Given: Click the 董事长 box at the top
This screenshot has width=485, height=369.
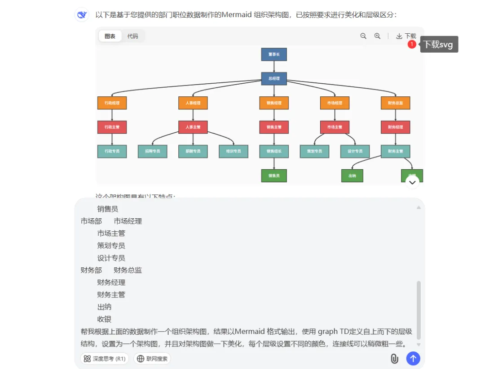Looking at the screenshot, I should coord(274,54).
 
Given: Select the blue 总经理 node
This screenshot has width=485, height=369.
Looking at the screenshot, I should coord(274,78).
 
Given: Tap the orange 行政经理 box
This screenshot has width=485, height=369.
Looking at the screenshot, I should coord(112,103).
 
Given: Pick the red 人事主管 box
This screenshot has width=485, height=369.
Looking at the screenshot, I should coord(193,127).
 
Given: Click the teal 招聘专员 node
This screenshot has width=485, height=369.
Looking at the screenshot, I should coord(153,151).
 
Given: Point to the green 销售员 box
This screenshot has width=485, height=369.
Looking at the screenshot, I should coord(274,175).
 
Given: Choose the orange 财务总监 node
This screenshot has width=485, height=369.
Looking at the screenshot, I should coord(396,103).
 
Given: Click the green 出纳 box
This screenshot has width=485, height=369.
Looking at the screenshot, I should coord(352,175).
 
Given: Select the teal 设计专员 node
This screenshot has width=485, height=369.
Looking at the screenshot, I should coord(355,151).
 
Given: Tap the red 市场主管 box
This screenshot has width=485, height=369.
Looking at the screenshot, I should coord(335,127).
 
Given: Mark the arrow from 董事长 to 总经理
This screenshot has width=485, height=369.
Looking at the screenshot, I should coord(274,67).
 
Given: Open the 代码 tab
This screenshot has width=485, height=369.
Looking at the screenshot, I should coord(132,36).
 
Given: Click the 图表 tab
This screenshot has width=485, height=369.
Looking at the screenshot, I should coord(110,36).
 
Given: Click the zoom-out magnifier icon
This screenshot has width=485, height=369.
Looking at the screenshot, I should coord(363,36).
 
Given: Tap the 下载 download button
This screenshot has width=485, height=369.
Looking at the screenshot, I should coord(406,36).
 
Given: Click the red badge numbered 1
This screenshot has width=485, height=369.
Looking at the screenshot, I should coord(411,45).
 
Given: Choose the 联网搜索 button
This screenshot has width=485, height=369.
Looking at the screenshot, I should coord(153,359).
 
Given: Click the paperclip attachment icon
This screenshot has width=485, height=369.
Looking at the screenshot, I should coord(394,359).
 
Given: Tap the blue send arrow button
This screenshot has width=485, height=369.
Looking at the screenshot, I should coord(413,359).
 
